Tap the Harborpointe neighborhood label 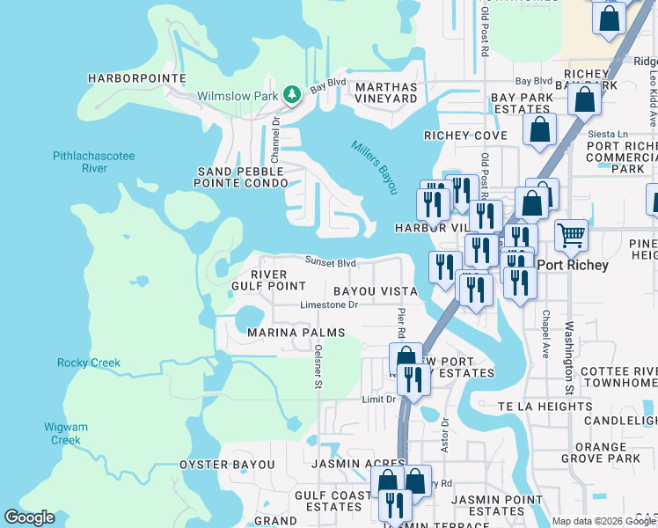137,78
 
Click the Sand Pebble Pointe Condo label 241,177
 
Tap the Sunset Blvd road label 331,261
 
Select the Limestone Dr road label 330,305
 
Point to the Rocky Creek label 89,363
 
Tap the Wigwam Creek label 66,433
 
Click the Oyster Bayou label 227,464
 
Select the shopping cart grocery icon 571,234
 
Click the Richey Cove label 465,136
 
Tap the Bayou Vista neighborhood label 375,290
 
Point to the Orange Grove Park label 602,452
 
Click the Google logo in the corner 29,517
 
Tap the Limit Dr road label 379,400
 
